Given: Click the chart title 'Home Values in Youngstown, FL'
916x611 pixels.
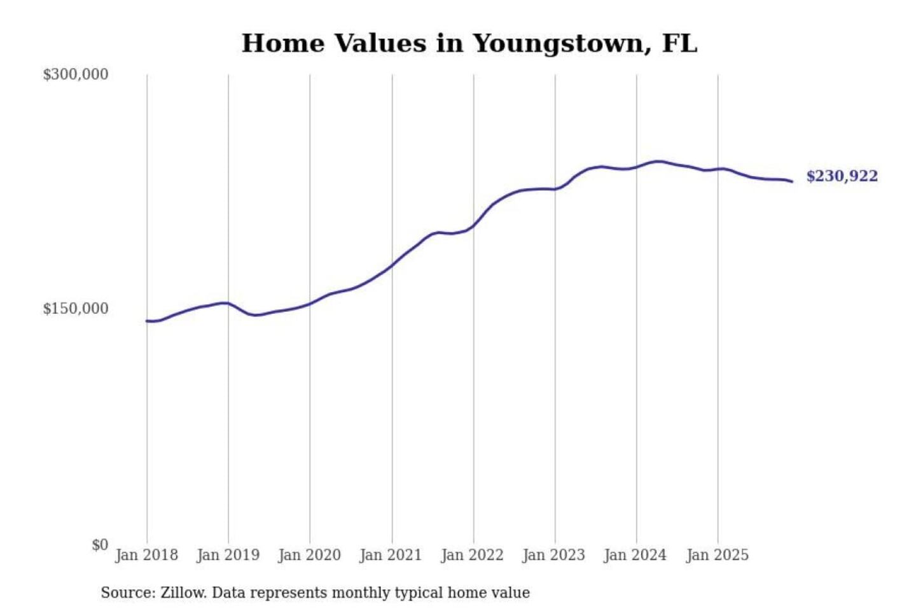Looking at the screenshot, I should click(x=469, y=43).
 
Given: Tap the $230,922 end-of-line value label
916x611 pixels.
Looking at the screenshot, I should click(x=842, y=176).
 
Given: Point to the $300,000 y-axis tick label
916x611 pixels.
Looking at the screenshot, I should click(x=76, y=74).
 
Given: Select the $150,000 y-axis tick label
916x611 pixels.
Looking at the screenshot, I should click(x=76, y=309).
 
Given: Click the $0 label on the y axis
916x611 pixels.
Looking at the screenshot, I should click(x=100, y=545).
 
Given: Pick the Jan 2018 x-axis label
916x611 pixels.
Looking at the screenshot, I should click(x=146, y=555).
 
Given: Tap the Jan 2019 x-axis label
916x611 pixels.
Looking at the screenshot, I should click(x=228, y=555).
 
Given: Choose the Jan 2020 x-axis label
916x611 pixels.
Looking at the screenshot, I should click(x=310, y=555).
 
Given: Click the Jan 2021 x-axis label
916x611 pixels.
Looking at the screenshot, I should click(x=391, y=555).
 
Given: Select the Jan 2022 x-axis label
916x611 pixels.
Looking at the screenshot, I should click(x=473, y=555).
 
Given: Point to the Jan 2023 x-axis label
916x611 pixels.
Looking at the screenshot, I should click(x=554, y=555).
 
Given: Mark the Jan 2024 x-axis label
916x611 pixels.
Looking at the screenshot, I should click(x=635, y=555).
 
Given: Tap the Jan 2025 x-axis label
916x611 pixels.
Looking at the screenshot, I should click(x=718, y=555).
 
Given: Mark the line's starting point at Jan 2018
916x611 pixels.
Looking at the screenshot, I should click(x=147, y=321).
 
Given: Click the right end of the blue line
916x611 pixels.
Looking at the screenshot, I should click(x=792, y=182).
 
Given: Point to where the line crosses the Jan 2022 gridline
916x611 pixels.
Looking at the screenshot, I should click(x=473, y=225).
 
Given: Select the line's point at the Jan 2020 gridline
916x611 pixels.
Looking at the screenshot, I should click(x=310, y=304).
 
